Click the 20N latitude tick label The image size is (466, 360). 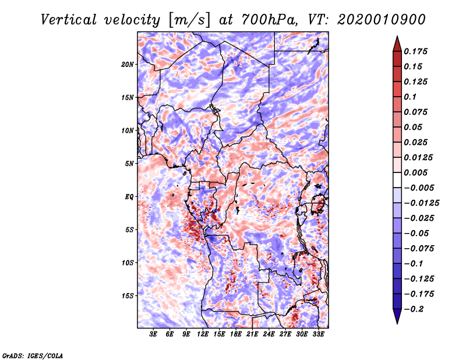(x=128, y=64)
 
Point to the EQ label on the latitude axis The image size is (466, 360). (x=129, y=197)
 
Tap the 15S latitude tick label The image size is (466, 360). (x=128, y=296)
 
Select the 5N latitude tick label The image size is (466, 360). (x=129, y=164)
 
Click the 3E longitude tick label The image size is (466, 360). (x=154, y=334)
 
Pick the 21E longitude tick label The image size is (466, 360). (x=252, y=334)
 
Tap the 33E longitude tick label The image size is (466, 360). (x=318, y=334)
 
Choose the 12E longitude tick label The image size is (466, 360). (x=203, y=334)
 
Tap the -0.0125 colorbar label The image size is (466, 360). (x=423, y=203)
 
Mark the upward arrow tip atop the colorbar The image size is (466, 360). (x=397, y=38)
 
